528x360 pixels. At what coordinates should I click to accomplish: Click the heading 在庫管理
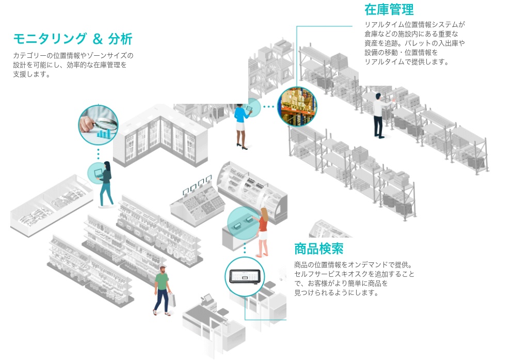pos(389,10)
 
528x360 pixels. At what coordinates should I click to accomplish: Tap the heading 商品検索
pos(318,249)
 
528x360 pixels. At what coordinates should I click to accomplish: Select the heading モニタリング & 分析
pos(73,39)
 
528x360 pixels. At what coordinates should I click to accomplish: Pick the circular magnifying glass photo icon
pos(98,124)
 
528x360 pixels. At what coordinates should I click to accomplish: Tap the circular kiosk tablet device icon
pos(245,276)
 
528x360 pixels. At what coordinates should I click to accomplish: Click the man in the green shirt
pos(163,289)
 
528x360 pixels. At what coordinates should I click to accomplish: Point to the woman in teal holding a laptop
pos(106,183)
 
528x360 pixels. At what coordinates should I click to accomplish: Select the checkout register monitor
pos(208,299)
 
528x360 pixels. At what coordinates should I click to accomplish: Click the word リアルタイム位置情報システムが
pos(415,25)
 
